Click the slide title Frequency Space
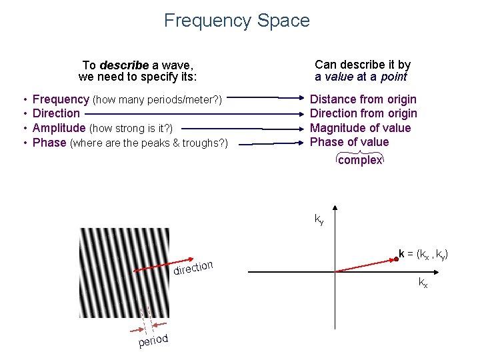click(237, 21)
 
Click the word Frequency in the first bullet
click(61, 99)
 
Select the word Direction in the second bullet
click(56, 113)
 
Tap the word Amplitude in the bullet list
click(59, 128)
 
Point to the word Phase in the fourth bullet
click(49, 143)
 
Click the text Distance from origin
click(363, 99)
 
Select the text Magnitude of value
click(361, 128)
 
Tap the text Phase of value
click(350, 142)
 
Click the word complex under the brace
click(360, 161)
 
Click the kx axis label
click(423, 283)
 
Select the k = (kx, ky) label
click(424, 254)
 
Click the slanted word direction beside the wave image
click(193, 267)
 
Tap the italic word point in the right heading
click(393, 77)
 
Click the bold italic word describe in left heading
click(124, 65)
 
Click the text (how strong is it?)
click(131, 128)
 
